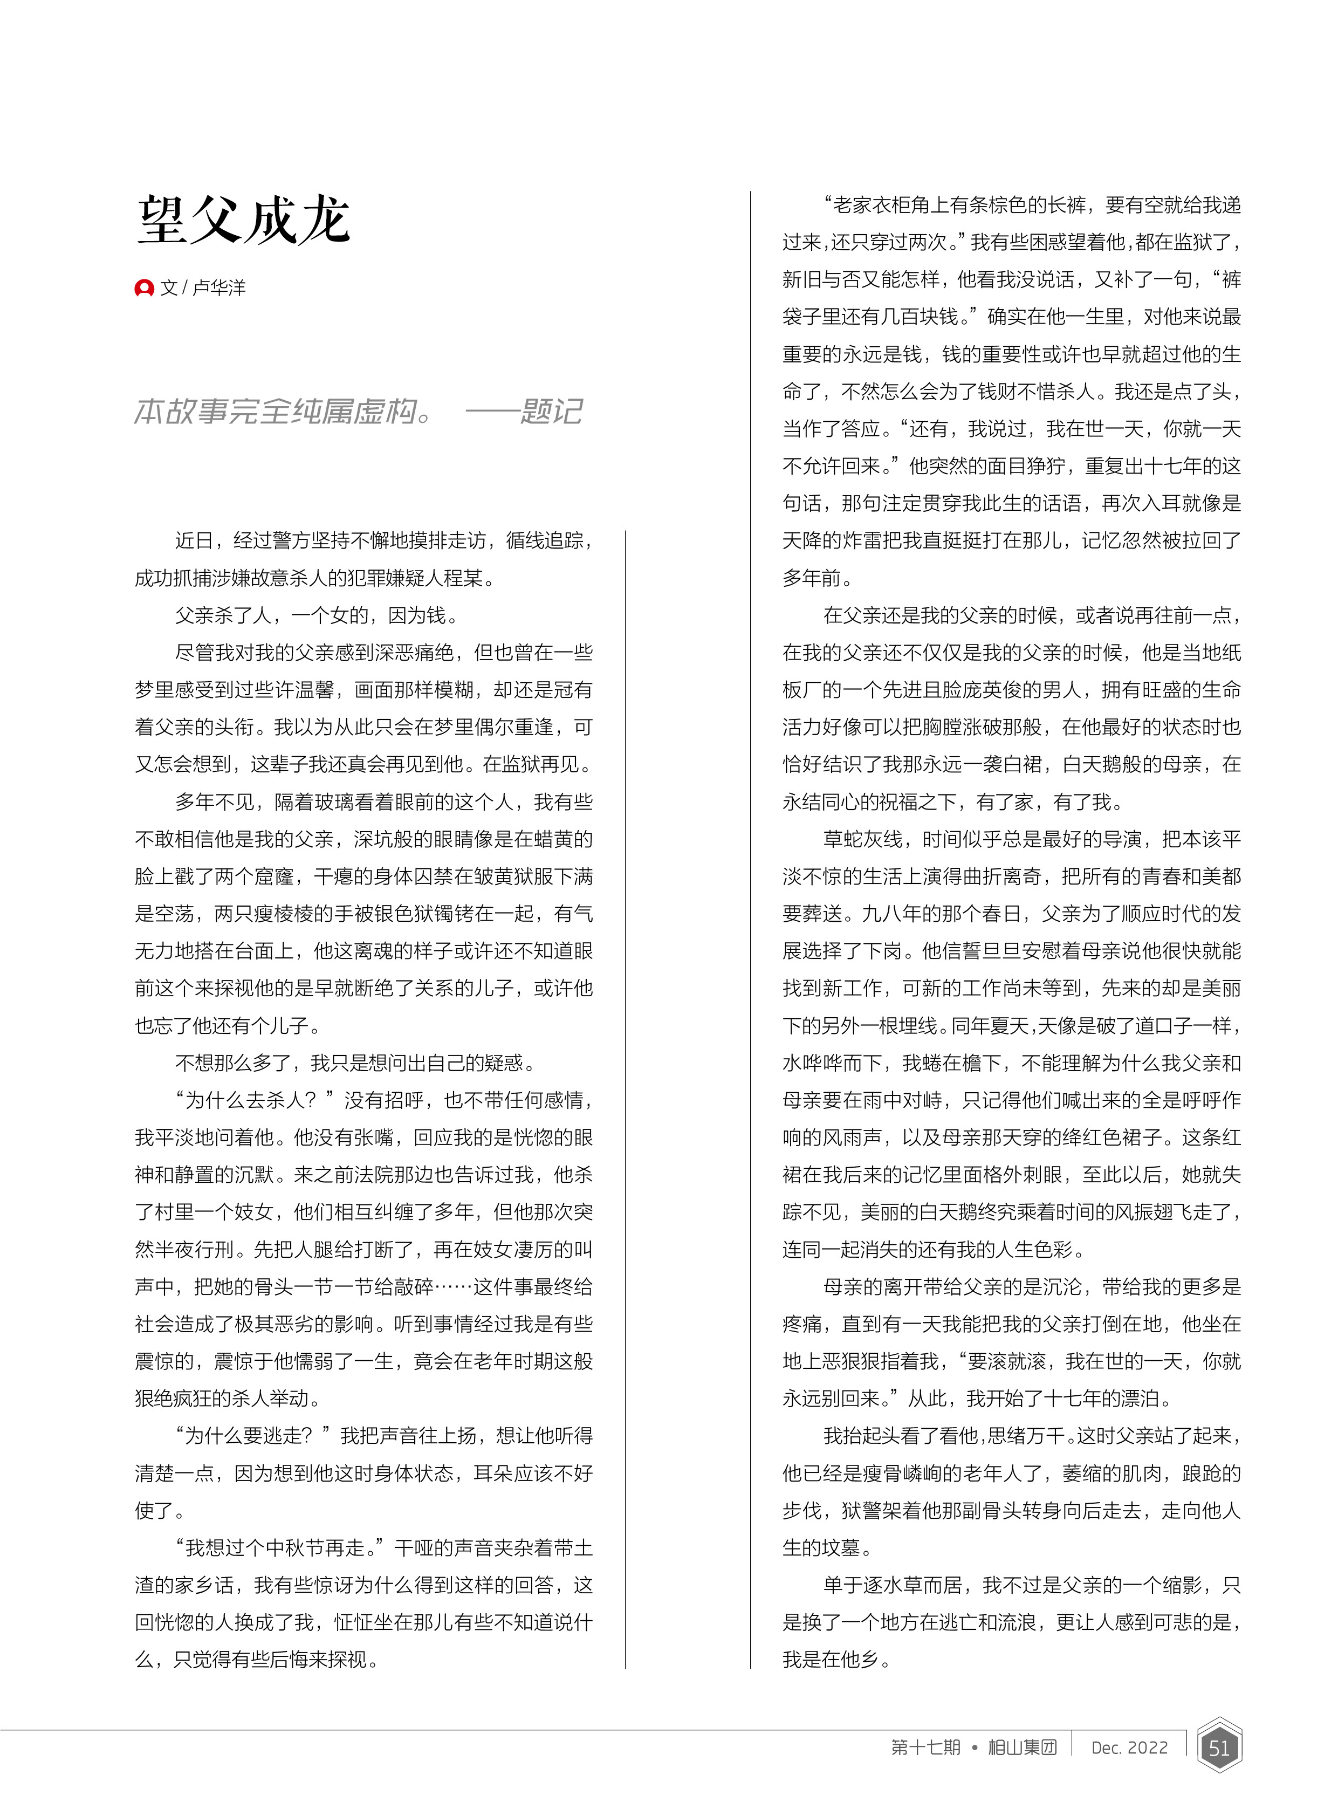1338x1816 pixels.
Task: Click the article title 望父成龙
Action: coord(244,220)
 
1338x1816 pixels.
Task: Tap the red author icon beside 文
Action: coord(144,287)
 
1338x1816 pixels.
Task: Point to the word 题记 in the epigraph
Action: coord(551,412)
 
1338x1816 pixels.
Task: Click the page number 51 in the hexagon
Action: coord(1218,1748)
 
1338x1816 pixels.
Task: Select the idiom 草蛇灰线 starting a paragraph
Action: coord(862,840)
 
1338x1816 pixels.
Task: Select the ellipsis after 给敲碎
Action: coord(454,1287)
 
